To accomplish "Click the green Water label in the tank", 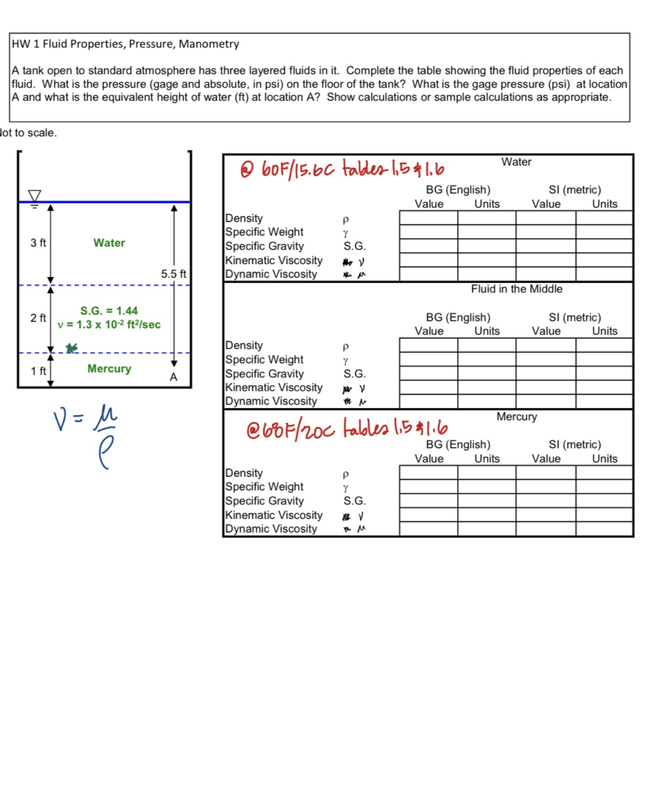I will pyautogui.click(x=109, y=243).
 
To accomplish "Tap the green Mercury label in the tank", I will pyautogui.click(x=109, y=369).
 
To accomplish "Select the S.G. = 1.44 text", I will pyautogui.click(x=109, y=311).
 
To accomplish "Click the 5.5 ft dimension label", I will pyautogui.click(x=173, y=274).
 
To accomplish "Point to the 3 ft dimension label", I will pyautogui.click(x=38, y=243).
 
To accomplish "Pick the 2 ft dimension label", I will pyautogui.click(x=38, y=318).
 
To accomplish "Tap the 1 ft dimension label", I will pyautogui.click(x=38, y=371).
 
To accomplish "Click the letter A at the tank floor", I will pyautogui.click(x=173, y=377).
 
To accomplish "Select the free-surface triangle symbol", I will pyautogui.click(x=34, y=196).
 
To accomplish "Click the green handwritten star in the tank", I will pyautogui.click(x=72, y=348).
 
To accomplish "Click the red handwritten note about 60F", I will pyautogui.click(x=342, y=169).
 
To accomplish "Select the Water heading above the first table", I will pyautogui.click(x=516, y=162).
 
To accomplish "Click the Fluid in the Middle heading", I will pyautogui.click(x=516, y=289).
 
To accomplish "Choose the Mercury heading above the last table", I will pyautogui.click(x=516, y=417).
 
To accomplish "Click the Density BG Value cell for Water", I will pyautogui.click(x=428, y=218).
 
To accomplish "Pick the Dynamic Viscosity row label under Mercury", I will pyautogui.click(x=271, y=529).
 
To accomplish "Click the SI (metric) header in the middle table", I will pyautogui.click(x=574, y=317).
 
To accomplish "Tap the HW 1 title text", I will pyautogui.click(x=125, y=44).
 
